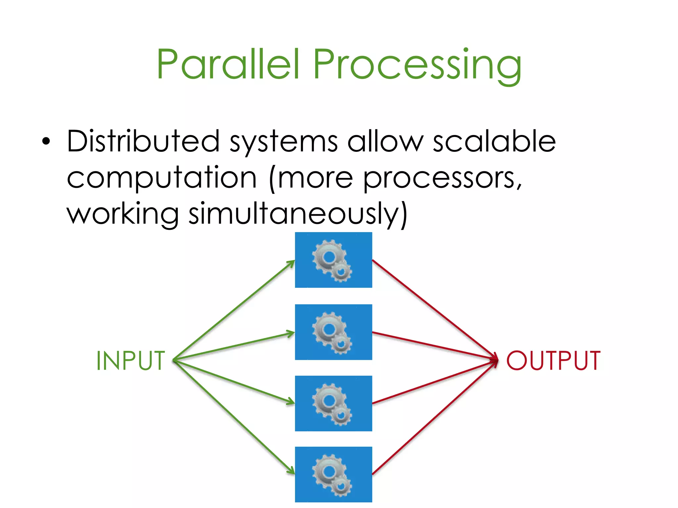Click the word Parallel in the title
(x=228, y=63)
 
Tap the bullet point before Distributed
(x=46, y=142)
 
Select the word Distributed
(x=143, y=141)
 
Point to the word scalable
(x=494, y=141)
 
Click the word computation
(x=162, y=179)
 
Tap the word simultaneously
(x=297, y=214)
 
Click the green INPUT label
(x=131, y=360)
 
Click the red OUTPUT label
(x=553, y=360)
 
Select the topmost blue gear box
(x=333, y=260)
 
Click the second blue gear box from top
(x=333, y=332)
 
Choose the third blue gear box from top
(x=333, y=403)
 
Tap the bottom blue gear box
(x=333, y=475)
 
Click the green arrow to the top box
(x=234, y=311)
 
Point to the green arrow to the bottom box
(x=234, y=417)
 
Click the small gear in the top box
(x=341, y=272)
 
